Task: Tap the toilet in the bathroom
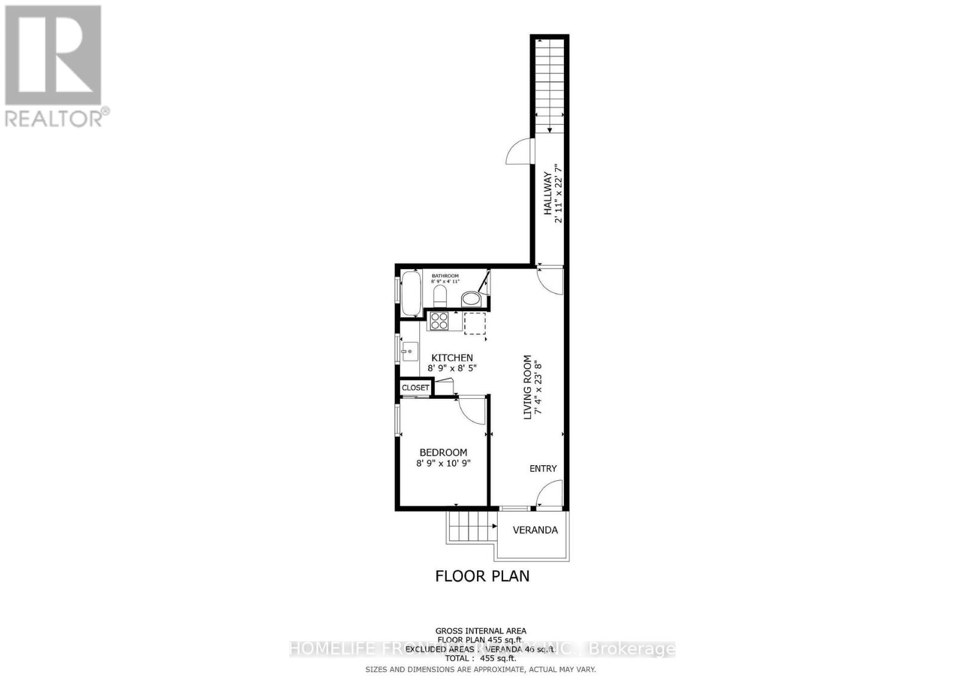click(x=440, y=296)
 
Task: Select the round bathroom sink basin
click(x=470, y=299)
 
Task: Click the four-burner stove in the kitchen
click(x=438, y=320)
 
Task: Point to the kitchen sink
click(x=410, y=351)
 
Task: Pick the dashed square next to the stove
click(x=475, y=323)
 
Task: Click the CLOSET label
click(x=416, y=387)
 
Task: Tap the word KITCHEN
click(x=452, y=358)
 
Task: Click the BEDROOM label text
click(x=443, y=453)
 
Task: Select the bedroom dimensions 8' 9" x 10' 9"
click(x=443, y=463)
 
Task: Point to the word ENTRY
click(x=543, y=468)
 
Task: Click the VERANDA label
click(x=535, y=530)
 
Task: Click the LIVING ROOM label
click(x=528, y=387)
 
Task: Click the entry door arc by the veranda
click(x=549, y=493)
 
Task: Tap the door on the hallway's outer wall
click(x=519, y=151)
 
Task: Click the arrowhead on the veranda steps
click(x=495, y=526)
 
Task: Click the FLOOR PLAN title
click(x=482, y=576)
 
